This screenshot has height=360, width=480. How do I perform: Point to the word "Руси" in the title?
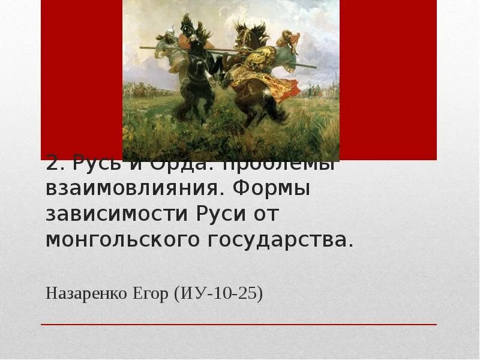[x=220, y=214]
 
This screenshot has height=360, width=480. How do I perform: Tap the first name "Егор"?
[x=149, y=295]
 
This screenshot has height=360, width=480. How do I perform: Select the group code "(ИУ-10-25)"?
[x=218, y=295]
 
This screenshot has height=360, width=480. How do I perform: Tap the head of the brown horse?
[x=245, y=36]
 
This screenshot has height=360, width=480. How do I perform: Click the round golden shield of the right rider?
[x=263, y=59]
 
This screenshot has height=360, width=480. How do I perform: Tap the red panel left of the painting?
[x=82, y=78]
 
